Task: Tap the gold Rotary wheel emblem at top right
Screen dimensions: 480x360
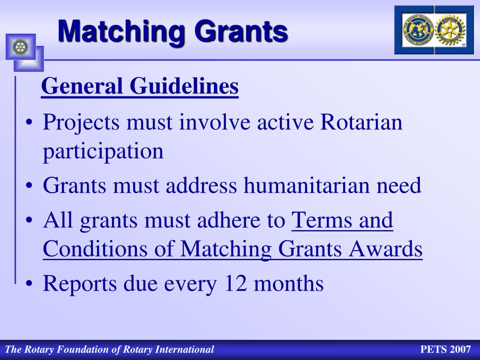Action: pyautogui.click(x=450, y=30)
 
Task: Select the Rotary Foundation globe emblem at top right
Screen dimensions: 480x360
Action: pyautogui.click(x=418, y=30)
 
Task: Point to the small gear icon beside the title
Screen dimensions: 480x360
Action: pyautogui.click(x=20, y=47)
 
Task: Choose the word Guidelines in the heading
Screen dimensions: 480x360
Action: pyautogui.click(x=184, y=86)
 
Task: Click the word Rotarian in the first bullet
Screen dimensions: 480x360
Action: pyautogui.click(x=361, y=122)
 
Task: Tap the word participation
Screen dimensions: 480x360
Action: pyautogui.click(x=103, y=151)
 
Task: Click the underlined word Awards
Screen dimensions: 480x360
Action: pyautogui.click(x=386, y=248)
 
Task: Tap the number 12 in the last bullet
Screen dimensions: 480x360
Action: pyautogui.click(x=236, y=283)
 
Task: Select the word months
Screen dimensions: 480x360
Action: pyautogui.click(x=289, y=283)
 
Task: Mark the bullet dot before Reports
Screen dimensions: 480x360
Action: pyautogui.click(x=29, y=284)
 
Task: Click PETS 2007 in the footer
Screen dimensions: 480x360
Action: pyautogui.click(x=445, y=349)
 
